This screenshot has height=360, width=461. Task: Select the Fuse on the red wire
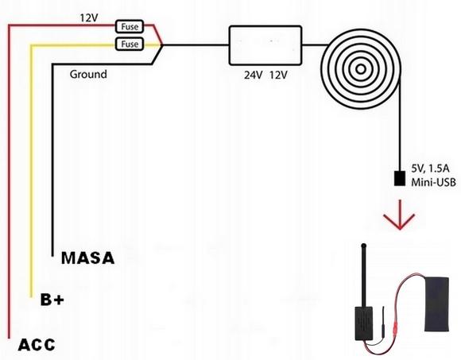pos(130,26)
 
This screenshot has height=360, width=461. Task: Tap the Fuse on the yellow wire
pos(130,44)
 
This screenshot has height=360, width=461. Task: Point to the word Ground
pos(88,75)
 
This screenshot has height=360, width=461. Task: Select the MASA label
pos(87,258)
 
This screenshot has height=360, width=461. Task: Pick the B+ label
pos(52,300)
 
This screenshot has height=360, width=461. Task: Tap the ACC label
pos(36,344)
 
